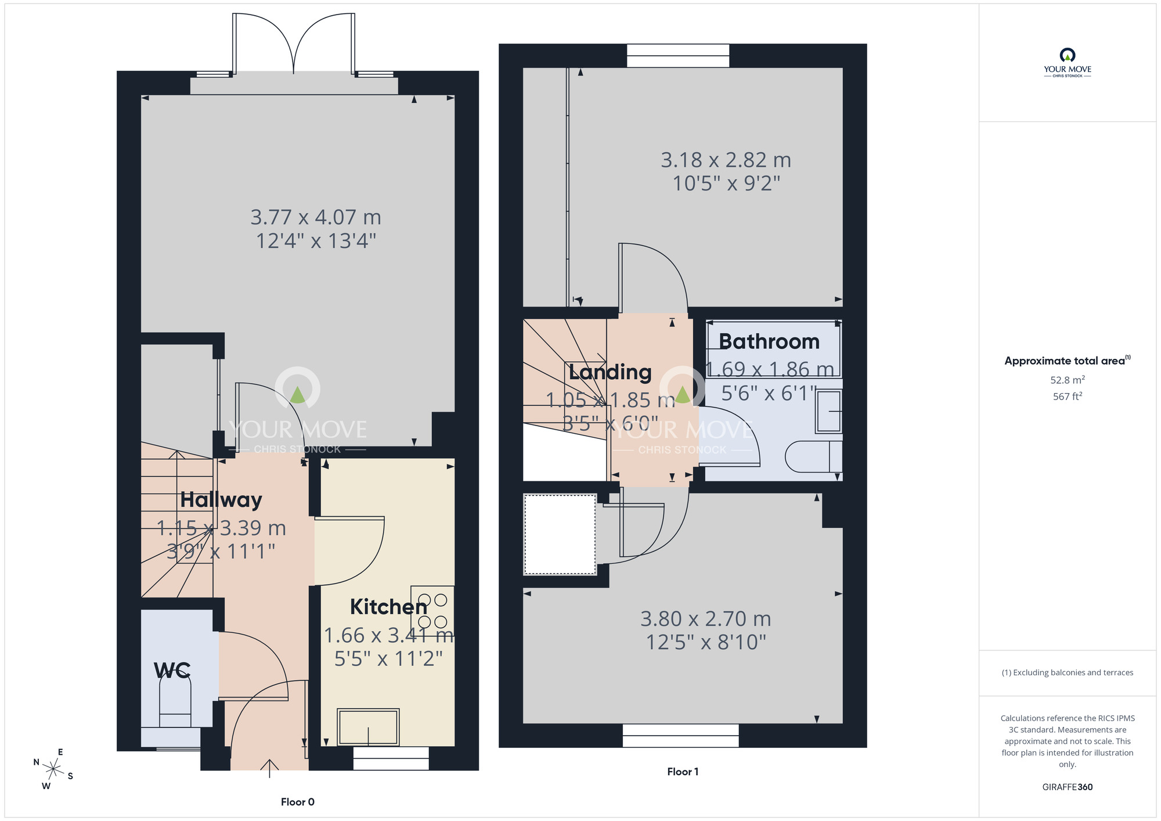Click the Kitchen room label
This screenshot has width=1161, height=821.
point(388,607)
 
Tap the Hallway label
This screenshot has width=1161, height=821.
point(221,500)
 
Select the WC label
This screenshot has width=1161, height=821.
point(172,671)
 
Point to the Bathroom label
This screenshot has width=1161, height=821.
point(769,341)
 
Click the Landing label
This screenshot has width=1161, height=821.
point(610,372)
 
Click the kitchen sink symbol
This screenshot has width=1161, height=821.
point(368,727)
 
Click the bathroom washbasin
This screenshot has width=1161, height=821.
point(829,412)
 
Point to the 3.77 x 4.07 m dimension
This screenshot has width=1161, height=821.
point(316,217)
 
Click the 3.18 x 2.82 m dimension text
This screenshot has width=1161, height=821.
point(726,160)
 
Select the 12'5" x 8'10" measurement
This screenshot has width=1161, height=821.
point(706,643)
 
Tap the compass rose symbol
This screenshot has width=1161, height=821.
point(53,770)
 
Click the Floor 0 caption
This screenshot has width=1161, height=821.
point(297,802)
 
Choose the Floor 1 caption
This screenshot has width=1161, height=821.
point(683,772)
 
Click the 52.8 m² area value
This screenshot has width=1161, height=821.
point(1067,380)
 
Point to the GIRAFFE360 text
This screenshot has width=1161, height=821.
point(1067,787)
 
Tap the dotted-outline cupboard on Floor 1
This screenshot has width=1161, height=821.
point(560,534)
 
